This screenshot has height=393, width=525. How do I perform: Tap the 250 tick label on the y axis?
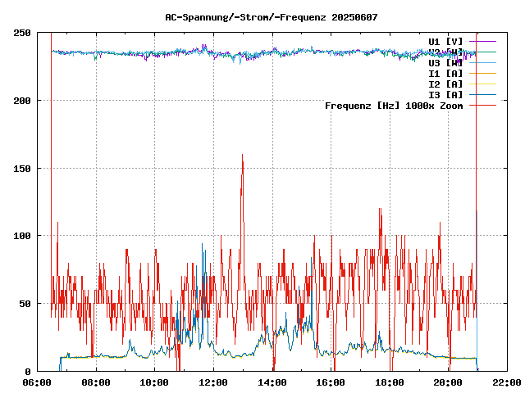[22, 33]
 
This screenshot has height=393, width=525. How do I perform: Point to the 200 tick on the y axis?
[22, 101]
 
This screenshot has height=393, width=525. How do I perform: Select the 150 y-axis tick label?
[22, 169]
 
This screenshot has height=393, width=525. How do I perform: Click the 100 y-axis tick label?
[22, 236]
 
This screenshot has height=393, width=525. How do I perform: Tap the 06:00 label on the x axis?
[38, 382]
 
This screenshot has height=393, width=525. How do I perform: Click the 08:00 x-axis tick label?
[96, 382]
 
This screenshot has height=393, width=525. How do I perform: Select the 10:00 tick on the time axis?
[155, 382]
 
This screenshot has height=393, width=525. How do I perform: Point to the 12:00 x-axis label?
[213, 382]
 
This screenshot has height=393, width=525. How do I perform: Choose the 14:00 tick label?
[272, 382]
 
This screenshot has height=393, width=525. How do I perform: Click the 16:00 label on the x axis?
[331, 382]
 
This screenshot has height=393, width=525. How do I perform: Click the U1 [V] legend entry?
[445, 41]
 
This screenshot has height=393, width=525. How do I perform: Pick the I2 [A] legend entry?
[445, 84]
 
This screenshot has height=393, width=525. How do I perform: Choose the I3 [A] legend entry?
[445, 94]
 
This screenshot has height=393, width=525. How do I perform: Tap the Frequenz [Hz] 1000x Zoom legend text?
[395, 106]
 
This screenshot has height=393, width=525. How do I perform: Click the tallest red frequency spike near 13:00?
[242, 156]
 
